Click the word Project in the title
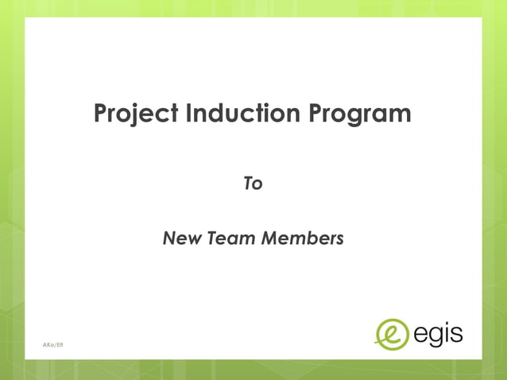[135, 114]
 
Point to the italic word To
[253, 184]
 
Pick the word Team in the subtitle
[231, 238]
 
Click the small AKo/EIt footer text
[53, 344]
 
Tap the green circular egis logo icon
[391, 333]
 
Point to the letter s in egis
[455, 333]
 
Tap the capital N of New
[168, 238]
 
